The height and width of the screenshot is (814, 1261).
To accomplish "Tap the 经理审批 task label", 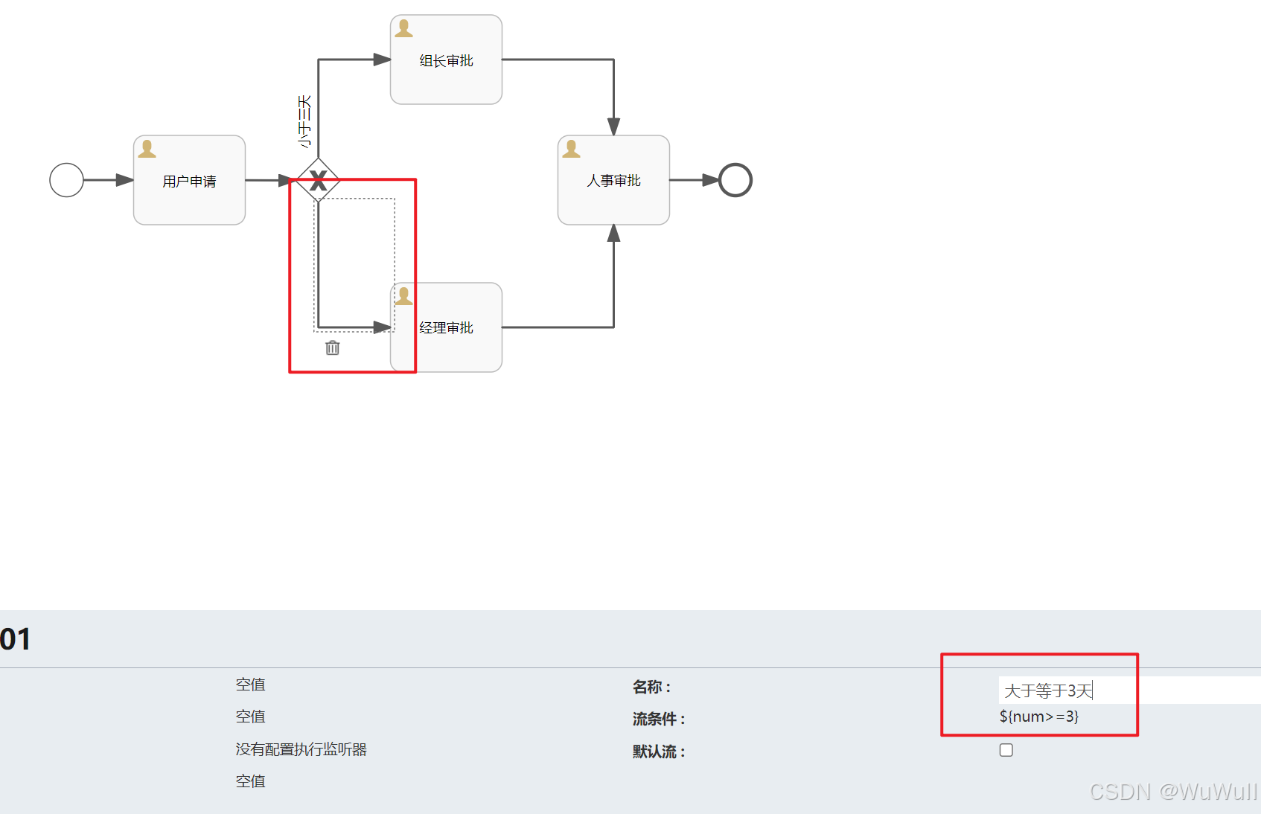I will pyautogui.click(x=446, y=328).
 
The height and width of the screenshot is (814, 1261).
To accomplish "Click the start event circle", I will pyautogui.click(x=66, y=180).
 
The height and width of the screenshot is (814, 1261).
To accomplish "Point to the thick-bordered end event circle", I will pyautogui.click(x=735, y=180).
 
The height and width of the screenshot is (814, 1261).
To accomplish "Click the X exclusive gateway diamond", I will pyautogui.click(x=319, y=180).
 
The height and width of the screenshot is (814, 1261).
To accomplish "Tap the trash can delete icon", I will pyautogui.click(x=333, y=347).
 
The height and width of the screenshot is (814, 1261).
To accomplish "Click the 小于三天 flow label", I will pyautogui.click(x=304, y=121).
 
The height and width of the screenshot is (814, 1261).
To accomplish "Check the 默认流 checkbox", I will pyautogui.click(x=1006, y=750).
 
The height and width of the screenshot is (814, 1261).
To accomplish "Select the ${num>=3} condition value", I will pyautogui.click(x=1039, y=717).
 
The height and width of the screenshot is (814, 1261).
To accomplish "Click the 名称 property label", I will pyautogui.click(x=652, y=687).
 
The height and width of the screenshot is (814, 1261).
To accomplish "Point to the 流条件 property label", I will pyautogui.click(x=659, y=719).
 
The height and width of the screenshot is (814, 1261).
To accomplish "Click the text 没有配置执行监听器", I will pyautogui.click(x=301, y=749).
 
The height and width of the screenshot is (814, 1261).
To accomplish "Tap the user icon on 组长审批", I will pyautogui.click(x=404, y=29).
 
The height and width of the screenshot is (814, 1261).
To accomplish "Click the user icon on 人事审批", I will pyautogui.click(x=572, y=149).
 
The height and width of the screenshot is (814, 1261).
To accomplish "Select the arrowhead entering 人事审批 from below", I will pyautogui.click(x=613, y=234).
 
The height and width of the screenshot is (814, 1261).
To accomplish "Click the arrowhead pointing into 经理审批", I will pyautogui.click(x=382, y=327).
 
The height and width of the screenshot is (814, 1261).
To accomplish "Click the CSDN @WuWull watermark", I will pyautogui.click(x=1173, y=792).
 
